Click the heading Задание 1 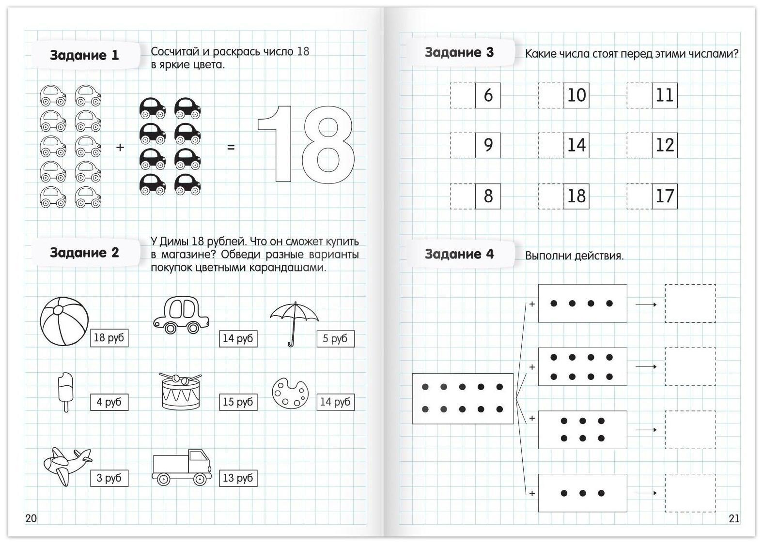(84, 55)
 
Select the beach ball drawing (64, 321)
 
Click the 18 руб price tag (109, 338)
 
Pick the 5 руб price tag (335, 338)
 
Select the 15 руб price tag (238, 402)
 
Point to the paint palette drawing (290, 393)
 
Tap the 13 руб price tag (238, 478)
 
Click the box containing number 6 (488, 95)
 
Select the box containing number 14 (576, 145)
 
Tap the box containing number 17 (664, 196)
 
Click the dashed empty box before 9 (462, 145)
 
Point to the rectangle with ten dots (463, 398)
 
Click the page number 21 (734, 518)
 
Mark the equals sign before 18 (231, 147)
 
